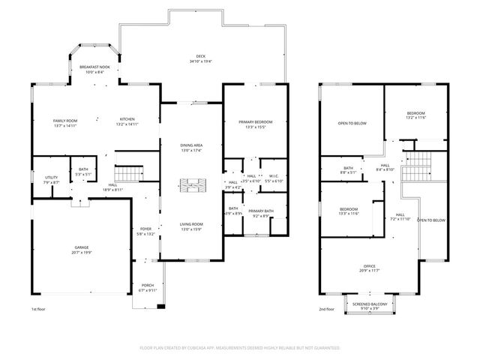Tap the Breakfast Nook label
pos(94,69)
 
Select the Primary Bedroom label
pos(255,124)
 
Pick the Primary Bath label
pos(262,213)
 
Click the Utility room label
pos(51,179)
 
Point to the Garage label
pos(81,250)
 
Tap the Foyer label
pos(147,231)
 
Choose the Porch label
pos(147,287)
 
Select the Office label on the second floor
pos(370,268)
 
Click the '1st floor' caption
pos(38,309)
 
